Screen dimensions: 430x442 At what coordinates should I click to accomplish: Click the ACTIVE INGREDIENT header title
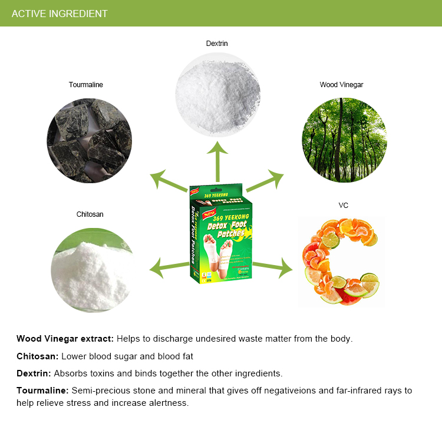[60, 14]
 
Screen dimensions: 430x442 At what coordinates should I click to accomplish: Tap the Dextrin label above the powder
[217, 44]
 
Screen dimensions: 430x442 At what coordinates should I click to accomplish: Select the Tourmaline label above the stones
[86, 85]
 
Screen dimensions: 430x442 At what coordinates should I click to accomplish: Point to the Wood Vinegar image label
[342, 85]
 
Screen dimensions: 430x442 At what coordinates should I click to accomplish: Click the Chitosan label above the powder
[90, 214]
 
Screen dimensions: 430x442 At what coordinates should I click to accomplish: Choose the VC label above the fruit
[344, 206]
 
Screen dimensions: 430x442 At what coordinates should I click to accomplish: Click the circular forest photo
[344, 140]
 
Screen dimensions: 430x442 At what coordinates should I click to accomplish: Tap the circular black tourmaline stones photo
[90, 140]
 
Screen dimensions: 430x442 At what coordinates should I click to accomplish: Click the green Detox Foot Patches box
[220, 239]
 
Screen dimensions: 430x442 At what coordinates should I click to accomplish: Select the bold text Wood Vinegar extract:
[65, 339]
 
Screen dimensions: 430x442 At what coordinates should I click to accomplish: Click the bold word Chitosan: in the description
[37, 356]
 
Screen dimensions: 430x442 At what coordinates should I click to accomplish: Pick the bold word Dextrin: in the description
[34, 373]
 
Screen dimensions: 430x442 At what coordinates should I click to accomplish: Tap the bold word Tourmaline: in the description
[42, 391]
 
